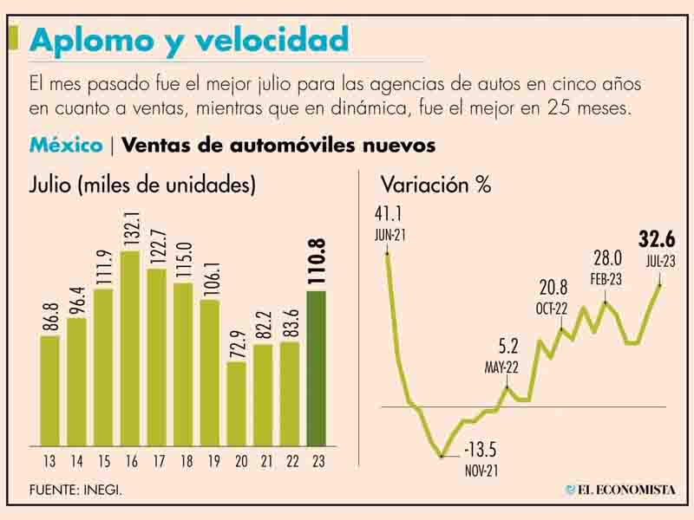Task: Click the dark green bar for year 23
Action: [x=317, y=367]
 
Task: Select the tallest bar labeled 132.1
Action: [x=130, y=347]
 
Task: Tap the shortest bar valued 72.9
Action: [x=236, y=403]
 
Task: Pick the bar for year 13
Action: [x=49, y=390]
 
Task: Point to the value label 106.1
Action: [x=210, y=270]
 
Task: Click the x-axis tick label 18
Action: [x=183, y=461]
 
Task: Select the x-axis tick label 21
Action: [x=263, y=461]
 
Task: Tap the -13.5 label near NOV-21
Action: [x=481, y=452]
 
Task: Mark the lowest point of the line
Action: [x=442, y=455]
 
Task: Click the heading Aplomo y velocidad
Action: [x=189, y=39]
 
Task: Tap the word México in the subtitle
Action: [x=65, y=145]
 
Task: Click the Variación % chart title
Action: [x=435, y=185]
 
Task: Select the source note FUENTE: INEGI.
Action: [x=75, y=491]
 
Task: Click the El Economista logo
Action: [x=619, y=490]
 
